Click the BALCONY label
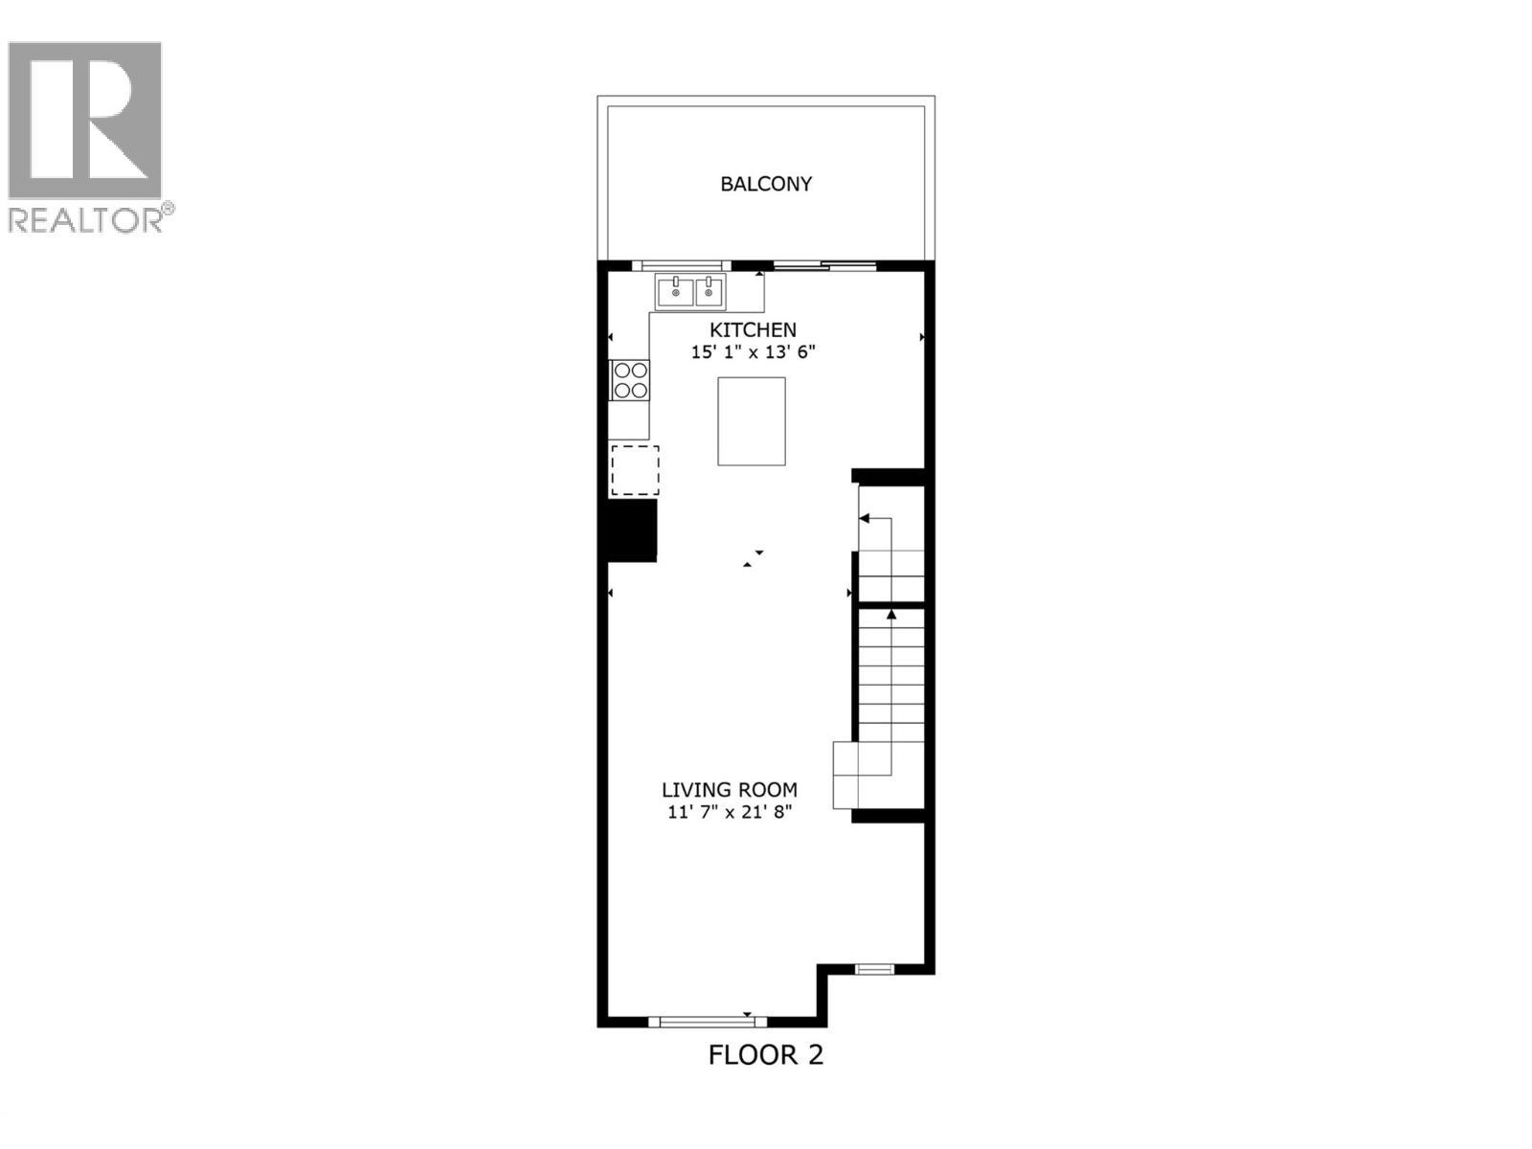[766, 184]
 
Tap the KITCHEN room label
[753, 329]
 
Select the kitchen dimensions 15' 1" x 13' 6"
[753, 352]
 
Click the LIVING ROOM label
[730, 790]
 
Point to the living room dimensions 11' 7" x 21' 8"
[730, 813]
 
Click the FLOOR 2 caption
[765, 1055]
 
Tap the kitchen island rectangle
[752, 421]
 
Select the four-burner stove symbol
[630, 380]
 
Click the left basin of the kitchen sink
[675, 290]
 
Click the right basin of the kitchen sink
[710, 290]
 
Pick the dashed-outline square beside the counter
[635, 470]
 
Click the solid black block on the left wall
[631, 531]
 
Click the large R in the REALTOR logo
[86, 120]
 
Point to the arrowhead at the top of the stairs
[864, 518]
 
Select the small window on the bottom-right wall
[874, 970]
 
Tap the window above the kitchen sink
[681, 265]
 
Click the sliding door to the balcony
[824, 265]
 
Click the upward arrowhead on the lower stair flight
[891, 614]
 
